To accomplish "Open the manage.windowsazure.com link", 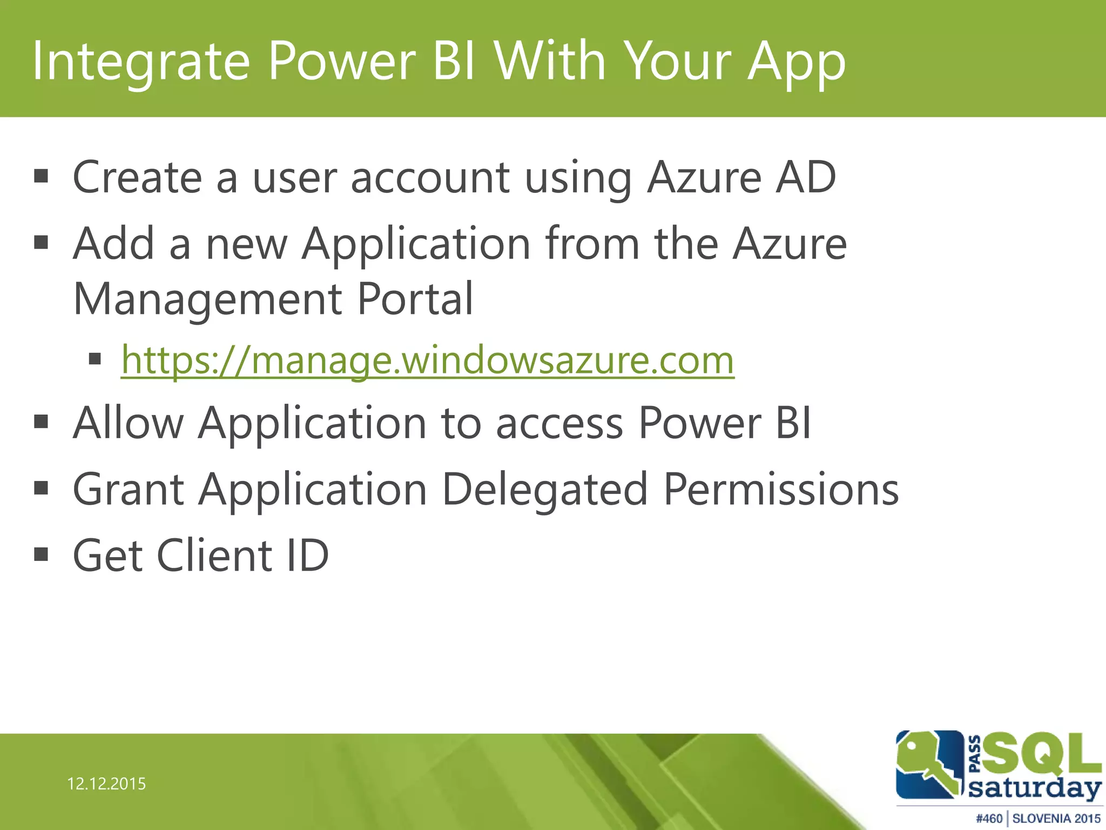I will point(427,360).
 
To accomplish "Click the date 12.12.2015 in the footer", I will point(106,784).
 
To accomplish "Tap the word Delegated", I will point(544,489).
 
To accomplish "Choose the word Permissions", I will point(781,489).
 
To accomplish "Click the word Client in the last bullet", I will point(214,555).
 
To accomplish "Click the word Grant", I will point(129,489).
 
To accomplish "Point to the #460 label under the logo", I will point(989,819).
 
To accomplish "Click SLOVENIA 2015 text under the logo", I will point(1056,819).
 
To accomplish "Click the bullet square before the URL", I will point(95,359).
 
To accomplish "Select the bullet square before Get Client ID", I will point(41,554).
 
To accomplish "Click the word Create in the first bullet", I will point(137,177).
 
